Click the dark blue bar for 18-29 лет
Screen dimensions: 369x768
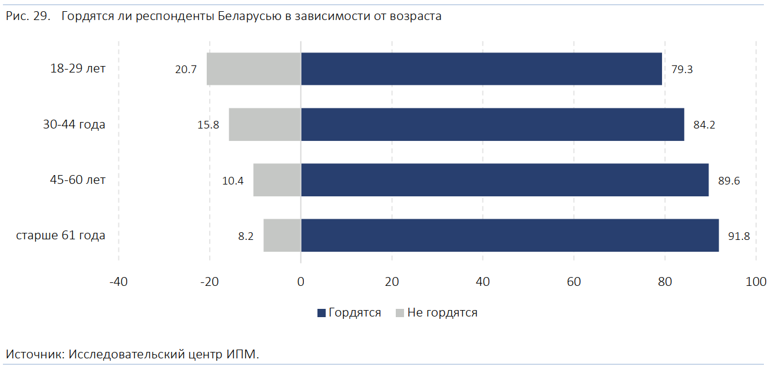(481, 69)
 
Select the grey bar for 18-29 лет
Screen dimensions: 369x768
(254, 69)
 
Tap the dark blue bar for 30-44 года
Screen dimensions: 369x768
(492, 124)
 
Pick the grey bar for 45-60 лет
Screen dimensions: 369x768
(277, 180)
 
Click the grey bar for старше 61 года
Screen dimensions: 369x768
(282, 235)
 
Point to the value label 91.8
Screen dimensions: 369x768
(739, 236)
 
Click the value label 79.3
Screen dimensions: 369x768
(682, 70)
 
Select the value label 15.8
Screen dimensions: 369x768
(208, 125)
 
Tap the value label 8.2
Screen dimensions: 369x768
(246, 236)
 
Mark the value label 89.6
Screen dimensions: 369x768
(729, 180)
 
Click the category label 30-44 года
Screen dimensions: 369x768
(74, 124)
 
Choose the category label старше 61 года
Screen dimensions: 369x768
(61, 236)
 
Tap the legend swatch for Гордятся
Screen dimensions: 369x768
(321, 313)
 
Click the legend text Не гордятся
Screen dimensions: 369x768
(442, 313)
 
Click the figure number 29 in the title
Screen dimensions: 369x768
(41, 17)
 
